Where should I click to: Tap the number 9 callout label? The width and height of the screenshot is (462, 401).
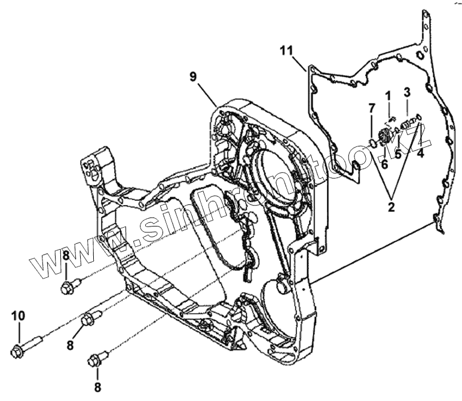[193, 76]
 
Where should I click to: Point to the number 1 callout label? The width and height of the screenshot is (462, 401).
[387, 95]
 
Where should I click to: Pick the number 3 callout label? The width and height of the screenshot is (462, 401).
[406, 93]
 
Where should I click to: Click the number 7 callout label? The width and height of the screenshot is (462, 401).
[371, 108]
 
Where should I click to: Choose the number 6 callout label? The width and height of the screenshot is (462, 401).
[384, 163]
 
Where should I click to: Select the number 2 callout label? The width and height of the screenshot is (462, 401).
[392, 207]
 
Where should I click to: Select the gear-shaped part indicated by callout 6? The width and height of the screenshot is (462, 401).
[383, 136]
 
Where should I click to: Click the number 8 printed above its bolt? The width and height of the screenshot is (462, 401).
[66, 256]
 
